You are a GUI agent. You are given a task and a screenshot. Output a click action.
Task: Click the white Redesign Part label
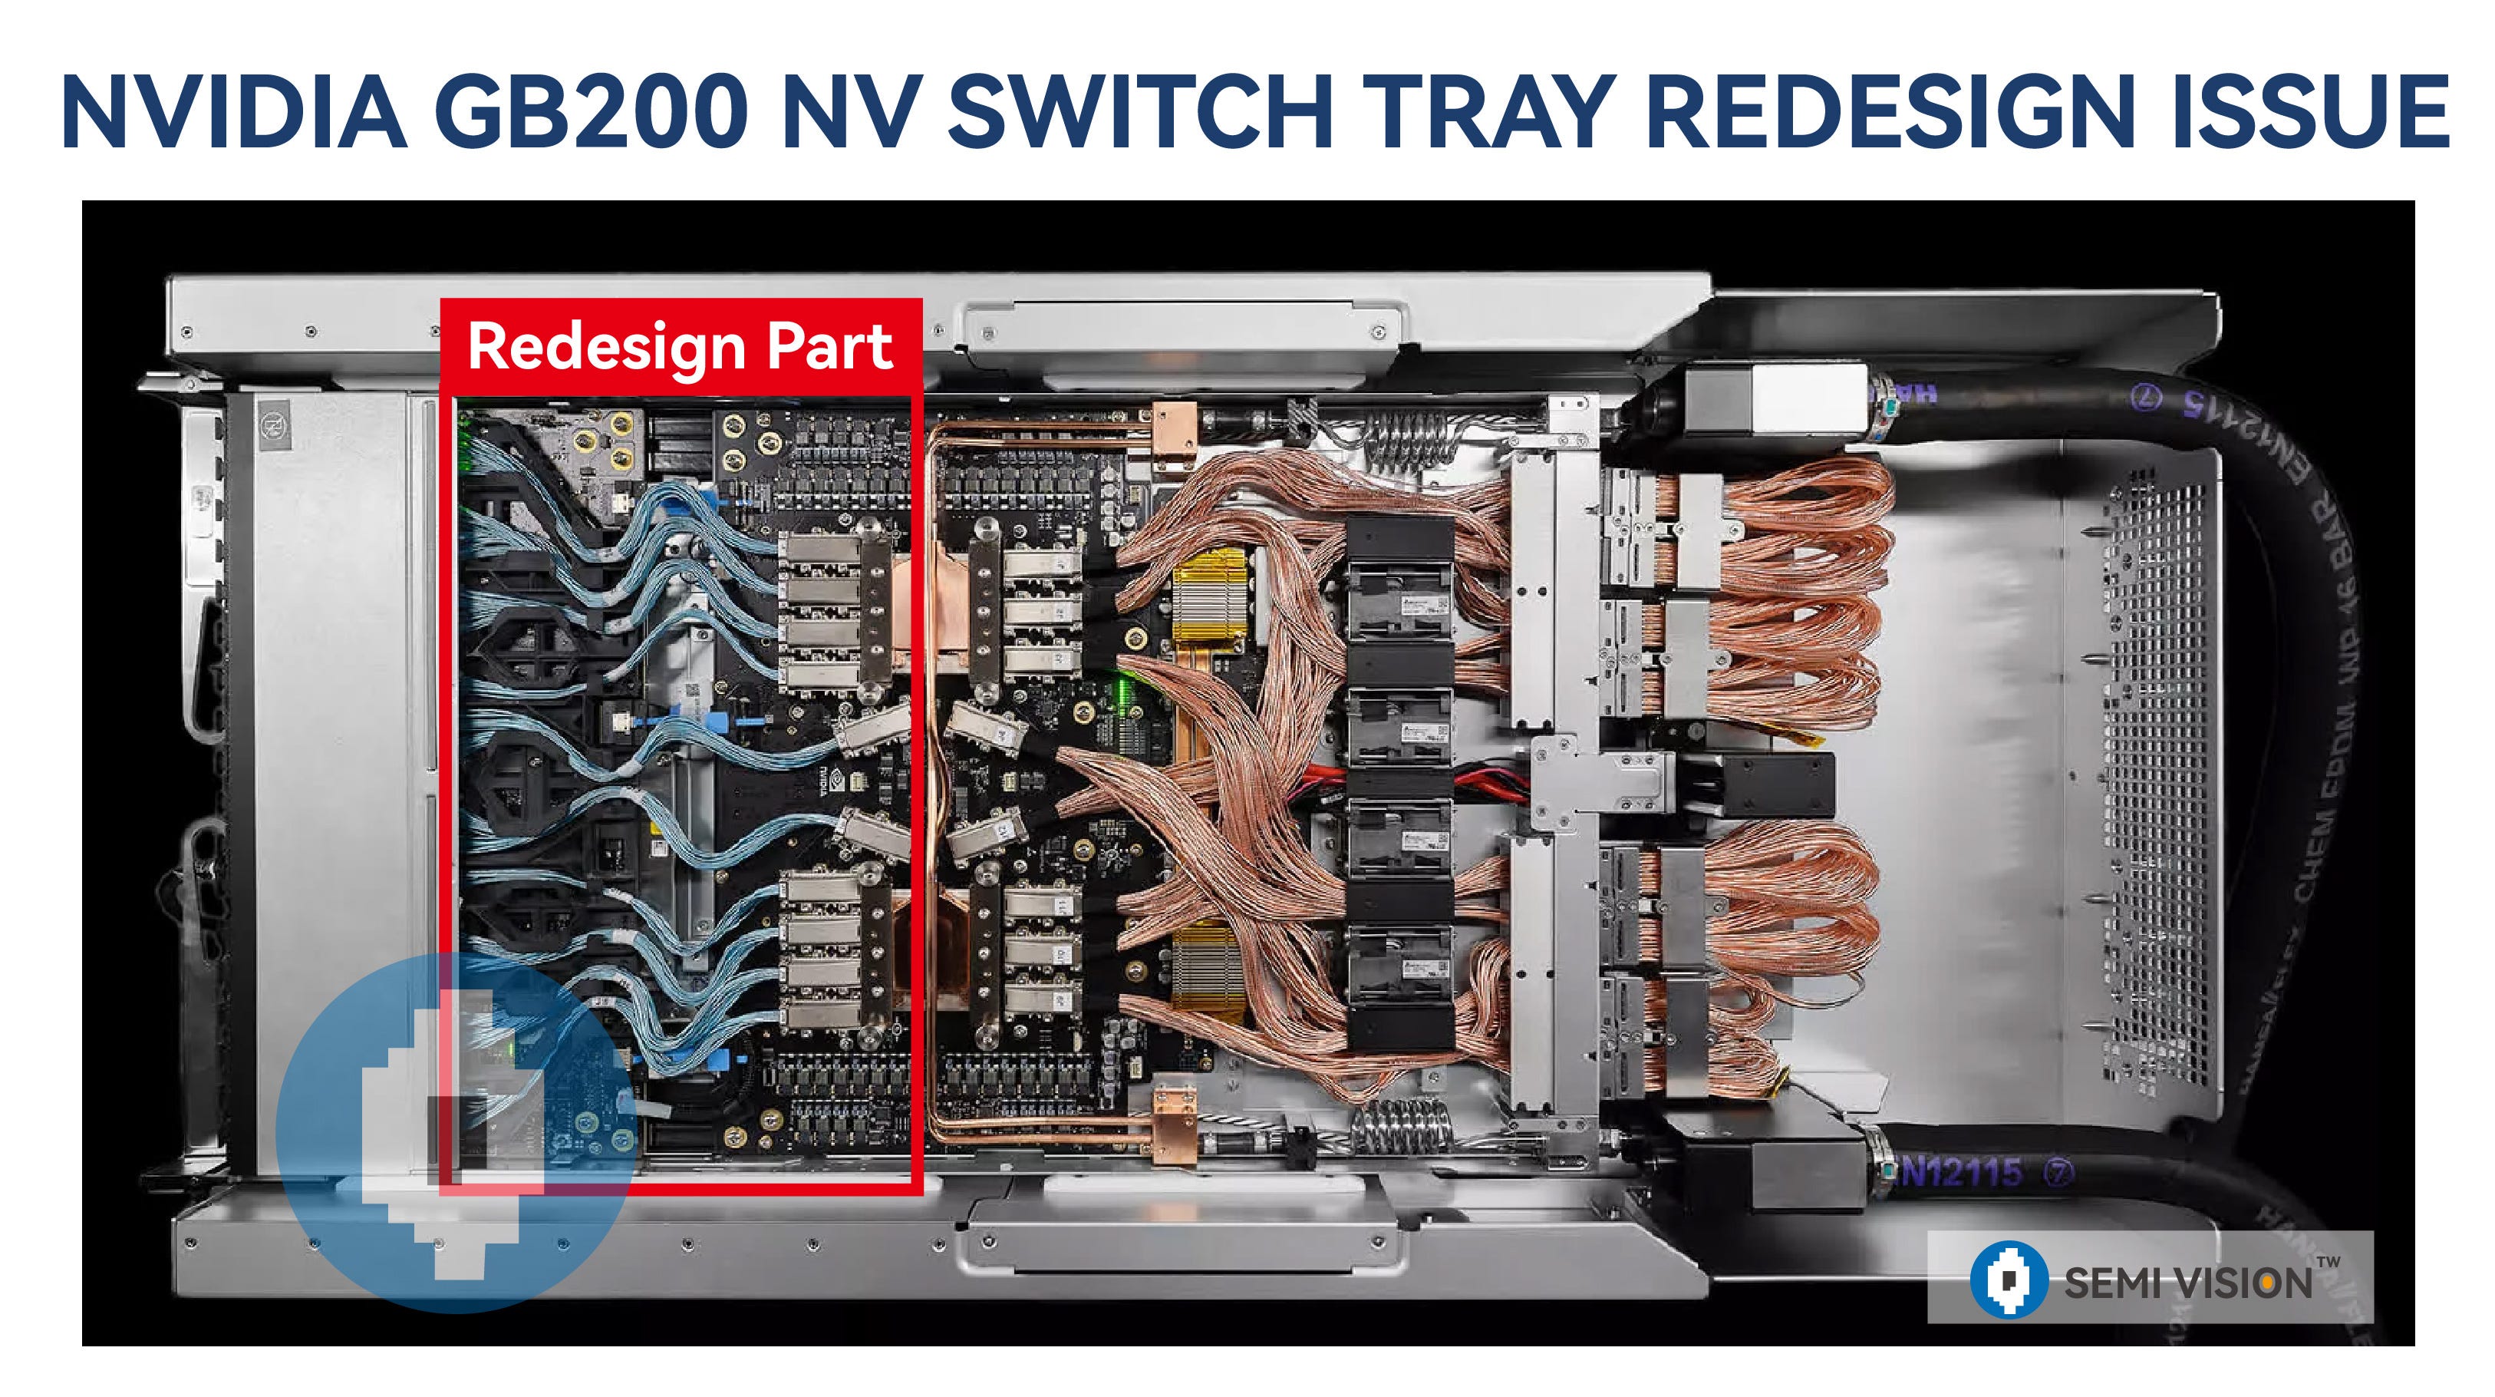tap(679, 346)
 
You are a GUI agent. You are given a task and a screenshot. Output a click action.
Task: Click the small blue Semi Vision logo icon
tap(2009, 1279)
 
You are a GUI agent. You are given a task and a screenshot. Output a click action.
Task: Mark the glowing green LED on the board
tap(1129, 692)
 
